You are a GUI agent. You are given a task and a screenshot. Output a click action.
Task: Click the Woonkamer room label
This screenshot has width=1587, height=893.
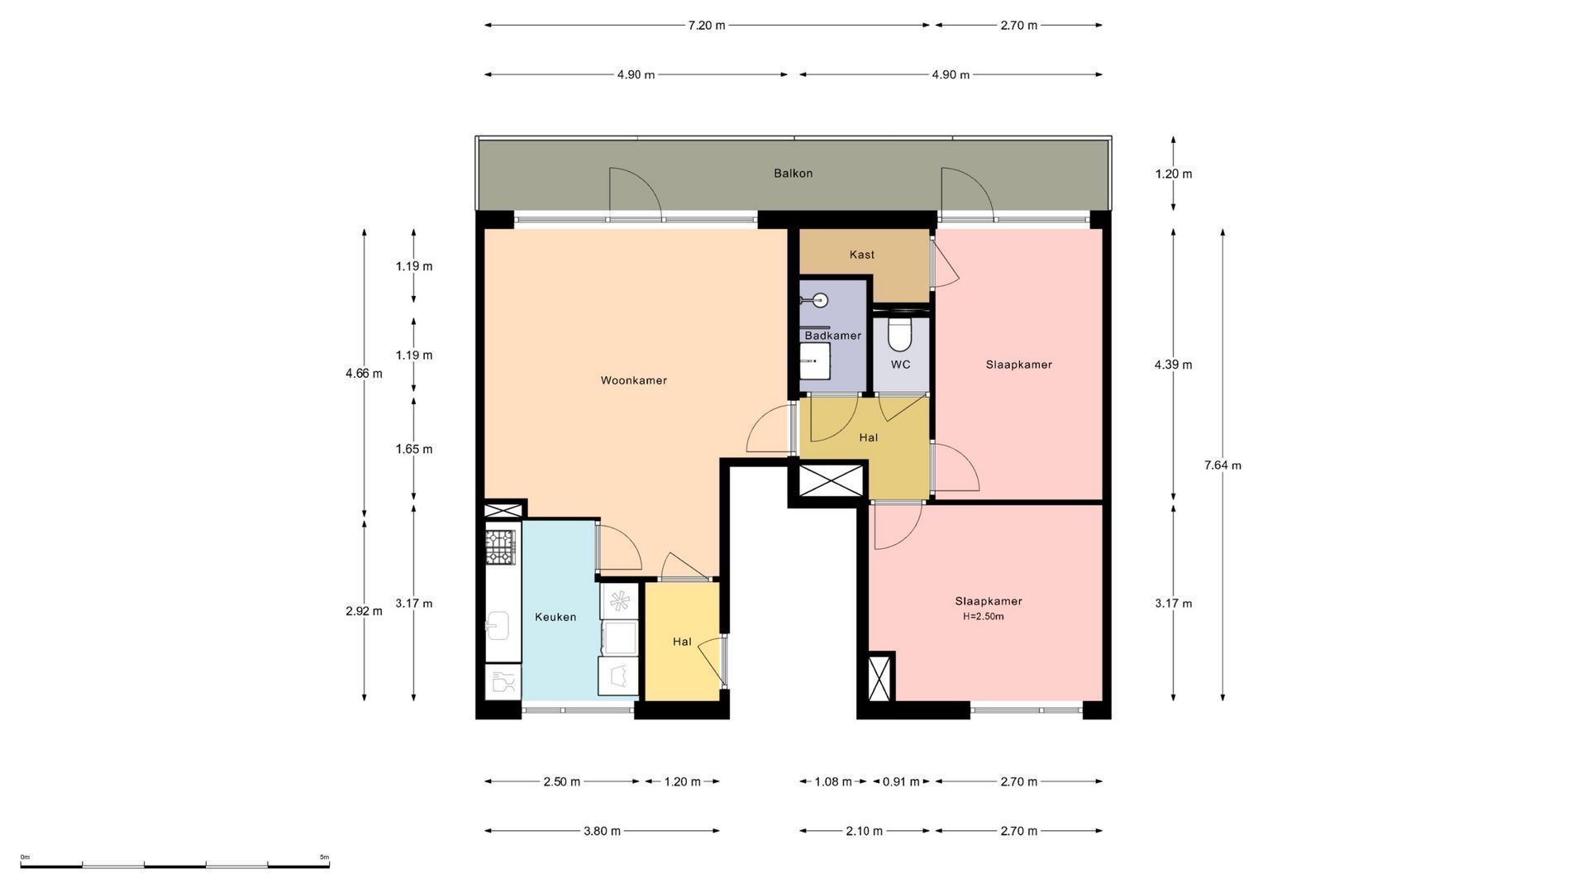pyautogui.click(x=633, y=380)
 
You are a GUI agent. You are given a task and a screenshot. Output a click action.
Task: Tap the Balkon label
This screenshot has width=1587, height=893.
pyautogui.click(x=793, y=174)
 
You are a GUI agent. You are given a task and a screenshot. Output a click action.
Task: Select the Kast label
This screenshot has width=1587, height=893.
pyautogui.click(x=861, y=255)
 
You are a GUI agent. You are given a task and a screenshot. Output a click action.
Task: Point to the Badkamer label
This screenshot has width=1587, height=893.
pyautogui.click(x=832, y=336)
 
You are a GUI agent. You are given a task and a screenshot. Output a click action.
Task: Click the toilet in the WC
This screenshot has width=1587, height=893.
pyautogui.click(x=898, y=335)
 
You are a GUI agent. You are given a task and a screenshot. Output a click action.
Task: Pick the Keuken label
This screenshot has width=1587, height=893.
pyautogui.click(x=555, y=617)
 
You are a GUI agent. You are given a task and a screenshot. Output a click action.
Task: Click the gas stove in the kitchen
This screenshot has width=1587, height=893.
pyautogui.click(x=500, y=547)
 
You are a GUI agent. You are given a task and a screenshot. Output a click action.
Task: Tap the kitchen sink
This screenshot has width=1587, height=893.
pyautogui.click(x=498, y=626)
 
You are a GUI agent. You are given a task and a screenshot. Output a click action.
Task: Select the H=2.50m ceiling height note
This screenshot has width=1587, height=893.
pyautogui.click(x=984, y=616)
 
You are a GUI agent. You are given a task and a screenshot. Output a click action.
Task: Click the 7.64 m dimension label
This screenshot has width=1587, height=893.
pyautogui.click(x=1222, y=465)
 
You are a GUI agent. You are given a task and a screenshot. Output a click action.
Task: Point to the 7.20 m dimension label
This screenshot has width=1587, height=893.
pyautogui.click(x=707, y=26)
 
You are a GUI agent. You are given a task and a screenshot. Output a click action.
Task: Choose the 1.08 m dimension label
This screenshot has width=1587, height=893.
pyautogui.click(x=833, y=781)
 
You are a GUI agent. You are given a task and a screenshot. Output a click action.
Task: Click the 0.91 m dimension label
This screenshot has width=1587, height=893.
pyautogui.click(x=901, y=781)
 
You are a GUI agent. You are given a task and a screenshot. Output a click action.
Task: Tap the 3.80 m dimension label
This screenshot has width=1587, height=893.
pyautogui.click(x=602, y=831)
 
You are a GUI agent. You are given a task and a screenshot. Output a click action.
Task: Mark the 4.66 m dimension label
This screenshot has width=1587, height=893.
pyautogui.click(x=364, y=373)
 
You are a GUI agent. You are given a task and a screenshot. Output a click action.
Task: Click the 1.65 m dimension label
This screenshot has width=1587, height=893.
pyautogui.click(x=413, y=449)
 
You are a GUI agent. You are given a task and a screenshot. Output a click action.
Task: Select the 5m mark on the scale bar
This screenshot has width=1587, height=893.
pyautogui.click(x=324, y=857)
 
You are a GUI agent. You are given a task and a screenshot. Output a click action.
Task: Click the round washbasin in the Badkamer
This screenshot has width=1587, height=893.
pyautogui.click(x=820, y=300)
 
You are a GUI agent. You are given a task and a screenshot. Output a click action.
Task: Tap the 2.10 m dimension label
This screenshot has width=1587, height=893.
pyautogui.click(x=864, y=831)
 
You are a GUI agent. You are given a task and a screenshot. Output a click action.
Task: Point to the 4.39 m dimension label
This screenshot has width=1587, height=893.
pyautogui.click(x=1173, y=365)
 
